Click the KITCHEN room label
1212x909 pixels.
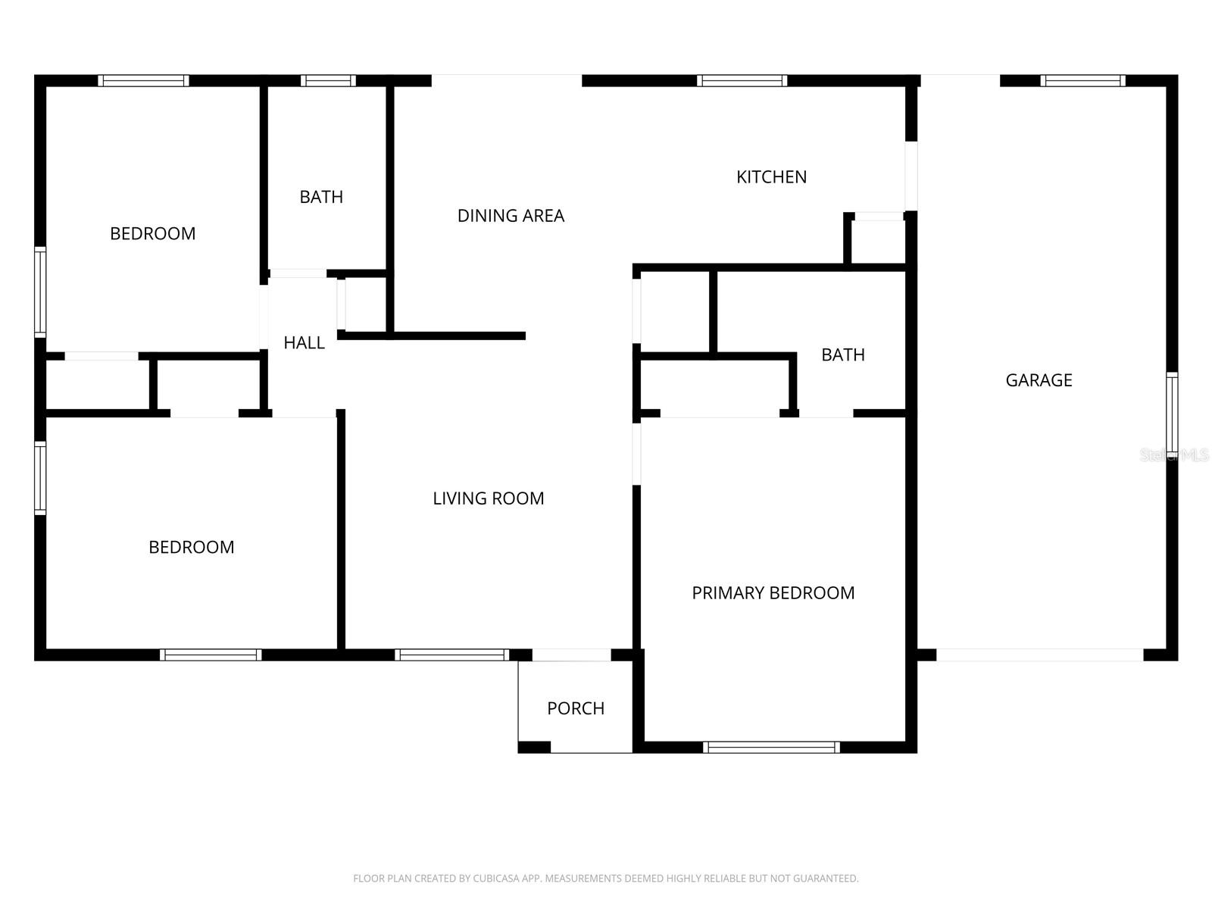click(771, 176)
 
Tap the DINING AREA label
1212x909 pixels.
click(511, 216)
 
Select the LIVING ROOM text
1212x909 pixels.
click(488, 498)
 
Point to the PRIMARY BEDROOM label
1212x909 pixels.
click(773, 593)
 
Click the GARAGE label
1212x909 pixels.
click(1039, 380)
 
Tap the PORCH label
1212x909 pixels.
click(576, 708)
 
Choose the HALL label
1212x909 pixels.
click(304, 343)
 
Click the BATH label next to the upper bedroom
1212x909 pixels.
click(321, 197)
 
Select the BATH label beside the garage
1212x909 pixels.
click(842, 355)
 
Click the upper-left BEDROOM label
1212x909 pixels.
click(152, 233)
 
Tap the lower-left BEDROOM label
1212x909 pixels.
click(191, 547)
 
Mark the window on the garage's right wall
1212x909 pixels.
click(1172, 414)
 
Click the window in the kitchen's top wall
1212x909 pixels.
click(742, 80)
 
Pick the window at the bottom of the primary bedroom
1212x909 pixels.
click(771, 747)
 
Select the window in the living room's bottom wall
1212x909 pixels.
click(451, 654)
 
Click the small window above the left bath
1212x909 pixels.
click(328, 80)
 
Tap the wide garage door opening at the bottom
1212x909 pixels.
click(1039, 654)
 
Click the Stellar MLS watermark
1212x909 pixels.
click(1174, 454)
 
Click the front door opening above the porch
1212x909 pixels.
click(571, 654)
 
